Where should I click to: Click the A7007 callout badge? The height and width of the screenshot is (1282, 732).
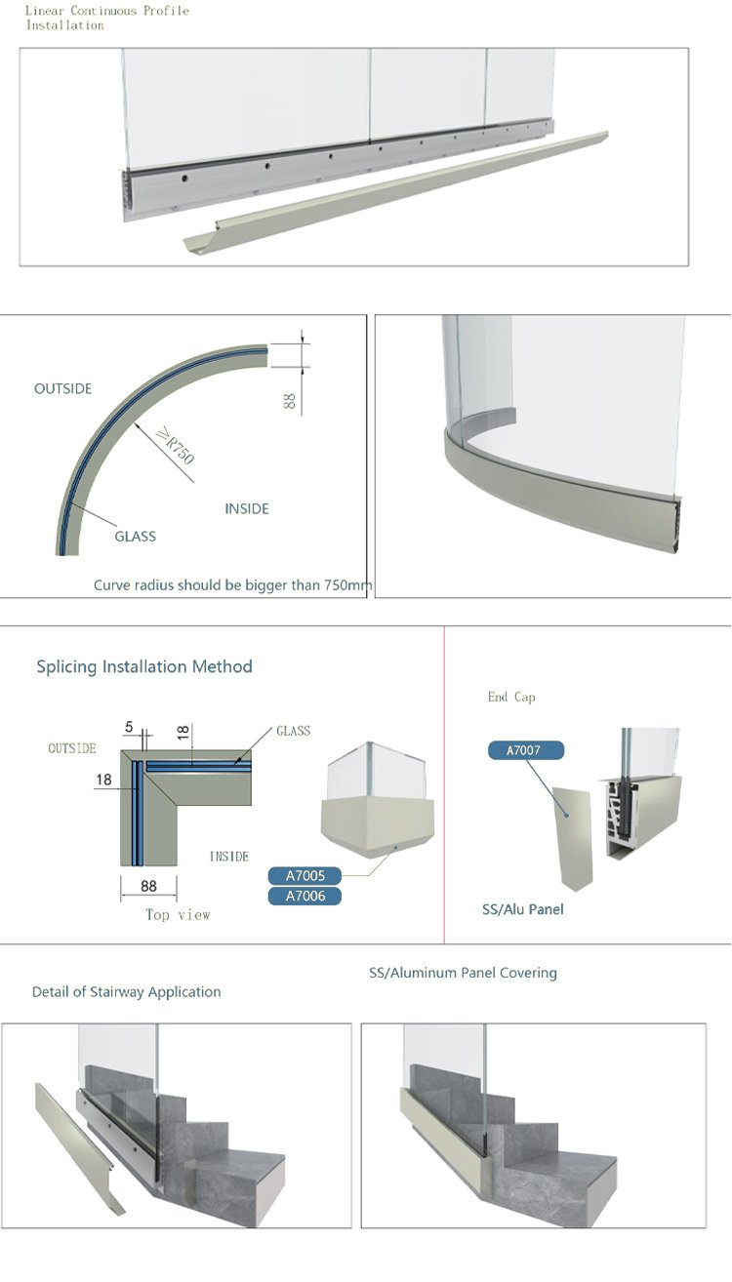526,749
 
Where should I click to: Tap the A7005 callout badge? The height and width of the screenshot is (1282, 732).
305,875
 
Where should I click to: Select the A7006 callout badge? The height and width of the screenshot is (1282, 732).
305,896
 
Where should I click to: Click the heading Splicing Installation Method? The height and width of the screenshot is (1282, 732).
144,666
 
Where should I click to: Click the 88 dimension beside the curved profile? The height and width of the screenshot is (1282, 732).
290,401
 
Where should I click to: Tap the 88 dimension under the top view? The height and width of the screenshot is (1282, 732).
148,886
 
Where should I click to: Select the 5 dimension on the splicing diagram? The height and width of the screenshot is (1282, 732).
129,727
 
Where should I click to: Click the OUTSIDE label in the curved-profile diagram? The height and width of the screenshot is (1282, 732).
63,388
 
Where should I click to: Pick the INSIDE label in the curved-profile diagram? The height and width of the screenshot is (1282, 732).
247,508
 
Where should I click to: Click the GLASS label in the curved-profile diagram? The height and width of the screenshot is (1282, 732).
135,537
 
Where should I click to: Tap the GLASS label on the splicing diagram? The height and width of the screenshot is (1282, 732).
293,731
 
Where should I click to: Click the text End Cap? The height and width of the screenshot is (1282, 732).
511,697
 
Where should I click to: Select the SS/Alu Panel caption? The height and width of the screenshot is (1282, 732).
522,909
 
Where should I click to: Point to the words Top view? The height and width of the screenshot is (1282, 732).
178,914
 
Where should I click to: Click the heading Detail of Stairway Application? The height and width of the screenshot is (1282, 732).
127,992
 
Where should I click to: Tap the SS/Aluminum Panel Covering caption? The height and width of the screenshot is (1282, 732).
463,973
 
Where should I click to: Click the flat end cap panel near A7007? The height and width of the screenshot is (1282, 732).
572,838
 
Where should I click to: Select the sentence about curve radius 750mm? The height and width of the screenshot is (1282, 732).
232,585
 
